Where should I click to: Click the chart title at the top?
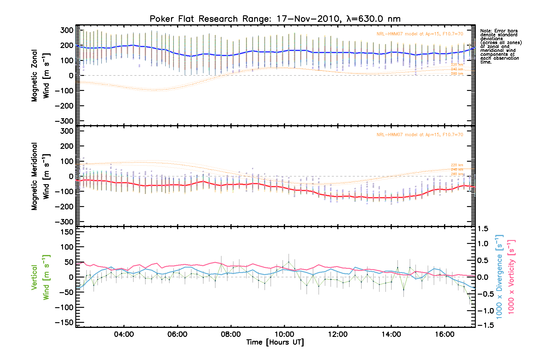275,19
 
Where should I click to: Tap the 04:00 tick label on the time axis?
124,334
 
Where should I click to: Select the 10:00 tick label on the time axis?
284,334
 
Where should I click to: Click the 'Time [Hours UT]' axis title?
275,342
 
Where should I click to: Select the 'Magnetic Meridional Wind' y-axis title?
40,176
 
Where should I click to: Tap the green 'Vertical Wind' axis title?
40,277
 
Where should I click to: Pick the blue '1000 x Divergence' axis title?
499,277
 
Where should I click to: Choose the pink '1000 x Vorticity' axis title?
511,277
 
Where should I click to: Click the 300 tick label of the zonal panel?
67,30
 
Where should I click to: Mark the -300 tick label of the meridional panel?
64,222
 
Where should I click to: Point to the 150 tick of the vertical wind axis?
67,232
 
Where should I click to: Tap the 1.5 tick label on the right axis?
483,229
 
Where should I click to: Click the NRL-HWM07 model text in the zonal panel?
420,34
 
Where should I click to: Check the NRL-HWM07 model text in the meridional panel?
420,135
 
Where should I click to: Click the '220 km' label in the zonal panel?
457,64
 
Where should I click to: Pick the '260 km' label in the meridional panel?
457,174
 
